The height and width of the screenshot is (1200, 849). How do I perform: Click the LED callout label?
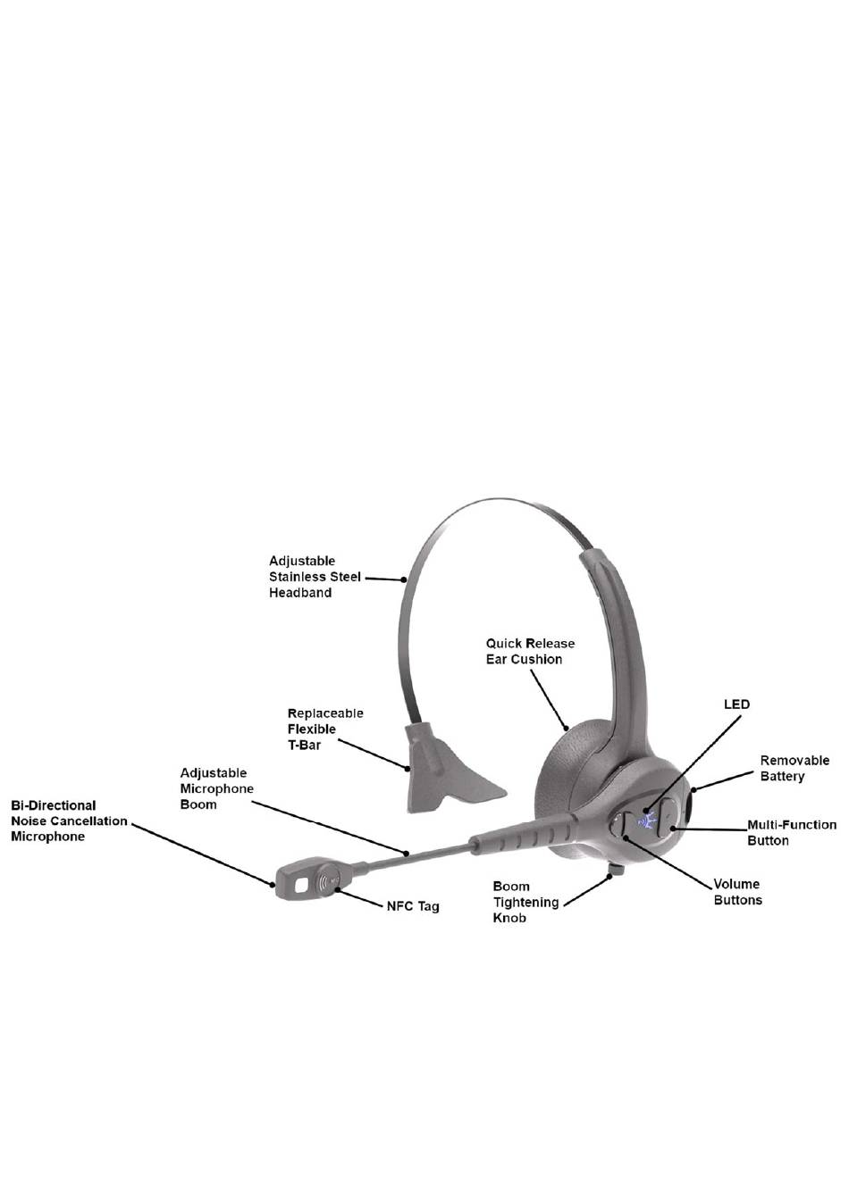pyautogui.click(x=736, y=704)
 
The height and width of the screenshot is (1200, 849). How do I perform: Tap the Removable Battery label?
pyautogui.click(x=794, y=769)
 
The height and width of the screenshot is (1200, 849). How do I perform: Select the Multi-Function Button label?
pyautogui.click(x=792, y=833)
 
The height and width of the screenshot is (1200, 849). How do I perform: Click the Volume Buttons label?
pyautogui.click(x=737, y=892)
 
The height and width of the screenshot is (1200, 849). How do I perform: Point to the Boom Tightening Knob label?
pyautogui.click(x=525, y=902)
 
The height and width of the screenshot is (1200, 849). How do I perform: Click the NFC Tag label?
pyautogui.click(x=413, y=906)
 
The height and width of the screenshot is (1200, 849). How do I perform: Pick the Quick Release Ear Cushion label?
pyautogui.click(x=530, y=651)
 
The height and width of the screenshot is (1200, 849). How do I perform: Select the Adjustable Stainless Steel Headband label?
pyautogui.click(x=315, y=577)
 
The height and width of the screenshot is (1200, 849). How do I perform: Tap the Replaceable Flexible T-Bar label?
pyautogui.click(x=324, y=729)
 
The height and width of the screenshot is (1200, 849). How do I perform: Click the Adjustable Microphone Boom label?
pyautogui.click(x=217, y=788)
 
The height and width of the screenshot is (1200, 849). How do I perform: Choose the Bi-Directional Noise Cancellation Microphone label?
pyautogui.click(x=69, y=821)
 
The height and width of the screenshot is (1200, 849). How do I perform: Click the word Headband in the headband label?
pyautogui.click(x=300, y=593)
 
